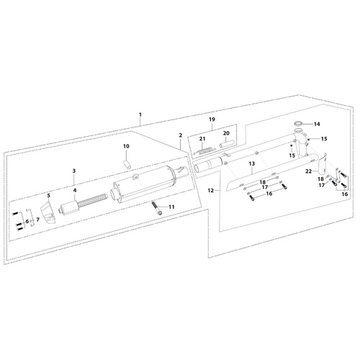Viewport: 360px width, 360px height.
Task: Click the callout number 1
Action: pyautogui.click(x=140, y=114)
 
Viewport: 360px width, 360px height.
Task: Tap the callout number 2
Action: pyautogui.click(x=181, y=135)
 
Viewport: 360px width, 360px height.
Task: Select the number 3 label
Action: pyautogui.click(x=74, y=171)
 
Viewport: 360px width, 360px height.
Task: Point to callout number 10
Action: pyautogui.click(x=126, y=146)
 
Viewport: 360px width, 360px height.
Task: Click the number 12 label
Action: pyautogui.click(x=211, y=191)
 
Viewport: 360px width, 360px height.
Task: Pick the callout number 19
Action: pyautogui.click(x=212, y=120)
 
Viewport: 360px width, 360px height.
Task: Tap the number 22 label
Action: pyautogui.click(x=308, y=171)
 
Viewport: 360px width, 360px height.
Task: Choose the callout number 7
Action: pyautogui.click(x=37, y=220)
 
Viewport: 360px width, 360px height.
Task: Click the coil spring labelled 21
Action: pyautogui.click(x=204, y=150)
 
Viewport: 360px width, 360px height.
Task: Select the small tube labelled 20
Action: pyautogui.click(x=226, y=145)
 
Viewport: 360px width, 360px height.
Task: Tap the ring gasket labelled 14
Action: pyautogui.click(x=299, y=124)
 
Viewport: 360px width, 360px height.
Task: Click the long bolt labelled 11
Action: pyautogui.click(x=156, y=208)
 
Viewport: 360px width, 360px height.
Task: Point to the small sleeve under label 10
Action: pyautogui.click(x=127, y=165)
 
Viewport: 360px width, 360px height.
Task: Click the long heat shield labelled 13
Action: pyautogui.click(x=252, y=182)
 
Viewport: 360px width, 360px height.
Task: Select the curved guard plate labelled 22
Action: pyautogui.click(x=322, y=165)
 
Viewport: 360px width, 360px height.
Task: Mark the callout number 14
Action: pyautogui.click(x=317, y=124)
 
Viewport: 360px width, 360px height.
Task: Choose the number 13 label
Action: pyautogui.click(x=252, y=163)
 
